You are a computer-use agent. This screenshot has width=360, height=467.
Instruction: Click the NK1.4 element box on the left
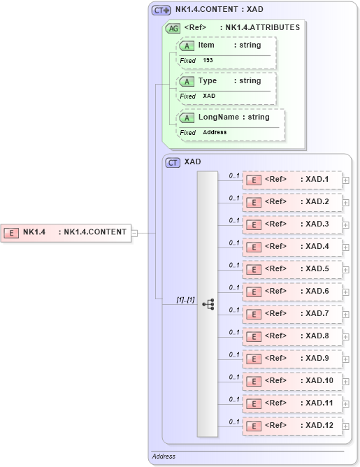67,232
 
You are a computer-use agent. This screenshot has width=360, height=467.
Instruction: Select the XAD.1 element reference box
293,180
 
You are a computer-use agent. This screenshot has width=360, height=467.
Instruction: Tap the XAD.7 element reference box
293,314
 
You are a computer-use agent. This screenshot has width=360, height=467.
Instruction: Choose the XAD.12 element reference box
293,426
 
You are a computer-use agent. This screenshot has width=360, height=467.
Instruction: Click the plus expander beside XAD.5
346,269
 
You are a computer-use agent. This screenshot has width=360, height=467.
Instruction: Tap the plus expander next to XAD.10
346,381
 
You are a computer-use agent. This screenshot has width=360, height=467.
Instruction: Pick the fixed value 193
208,61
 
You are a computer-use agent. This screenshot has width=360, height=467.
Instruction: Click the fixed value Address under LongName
215,132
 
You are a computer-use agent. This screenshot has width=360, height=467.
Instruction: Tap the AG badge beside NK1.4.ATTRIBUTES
173,29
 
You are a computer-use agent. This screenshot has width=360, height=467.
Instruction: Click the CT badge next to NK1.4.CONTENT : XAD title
162,10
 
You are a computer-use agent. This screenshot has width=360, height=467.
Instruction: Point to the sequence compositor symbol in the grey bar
208,304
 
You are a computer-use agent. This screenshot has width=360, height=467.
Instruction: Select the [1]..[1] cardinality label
185,299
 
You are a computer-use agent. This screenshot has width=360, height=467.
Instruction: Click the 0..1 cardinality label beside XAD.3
234,220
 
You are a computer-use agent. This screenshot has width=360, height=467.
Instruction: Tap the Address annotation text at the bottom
164,457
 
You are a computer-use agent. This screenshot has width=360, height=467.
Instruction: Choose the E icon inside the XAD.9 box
255,359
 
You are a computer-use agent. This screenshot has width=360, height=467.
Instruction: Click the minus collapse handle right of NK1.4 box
134,233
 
